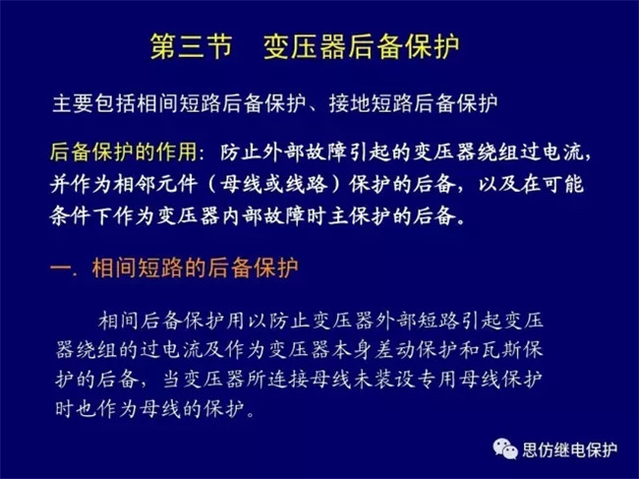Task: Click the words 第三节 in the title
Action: point(191,46)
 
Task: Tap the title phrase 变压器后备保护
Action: point(362,46)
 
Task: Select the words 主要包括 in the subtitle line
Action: point(93,104)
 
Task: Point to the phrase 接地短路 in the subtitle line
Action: point(372,104)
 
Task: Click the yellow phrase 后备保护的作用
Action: point(124,152)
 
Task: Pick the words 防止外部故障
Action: point(284,152)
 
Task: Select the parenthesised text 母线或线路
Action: point(273,184)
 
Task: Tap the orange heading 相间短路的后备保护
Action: point(195,268)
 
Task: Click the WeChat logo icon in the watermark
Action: point(505,449)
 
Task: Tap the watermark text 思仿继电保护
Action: point(570,450)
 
